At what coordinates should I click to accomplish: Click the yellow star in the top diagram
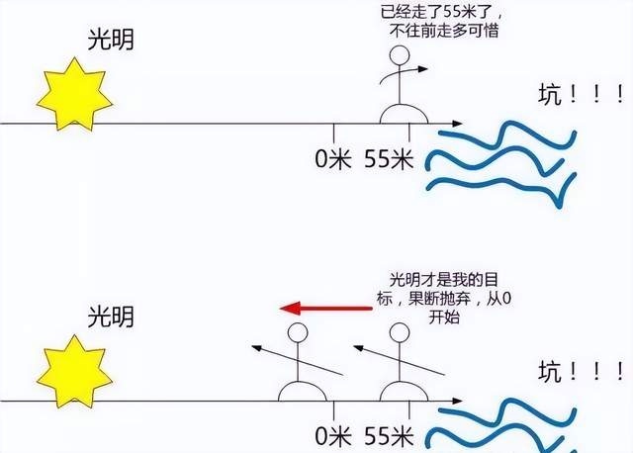tap(74, 95)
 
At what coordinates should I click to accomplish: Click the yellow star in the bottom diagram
tap(74, 372)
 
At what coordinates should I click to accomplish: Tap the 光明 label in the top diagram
tap(111, 40)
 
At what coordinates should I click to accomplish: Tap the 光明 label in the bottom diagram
tap(111, 317)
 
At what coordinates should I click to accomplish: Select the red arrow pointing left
tap(325, 309)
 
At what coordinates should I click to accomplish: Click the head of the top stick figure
tap(400, 55)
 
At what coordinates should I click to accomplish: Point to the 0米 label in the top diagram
tap(333, 158)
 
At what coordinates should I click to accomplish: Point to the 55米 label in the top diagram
tap(389, 158)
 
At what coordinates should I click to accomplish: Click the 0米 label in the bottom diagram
tap(333, 436)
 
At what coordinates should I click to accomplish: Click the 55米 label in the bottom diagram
tap(389, 436)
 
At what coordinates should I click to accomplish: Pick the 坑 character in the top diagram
tap(550, 95)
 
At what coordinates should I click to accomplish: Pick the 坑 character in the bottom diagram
tap(550, 372)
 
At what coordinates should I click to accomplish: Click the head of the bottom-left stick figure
tap(298, 332)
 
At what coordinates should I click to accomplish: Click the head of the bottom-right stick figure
tap(400, 332)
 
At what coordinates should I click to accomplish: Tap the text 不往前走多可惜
tap(444, 31)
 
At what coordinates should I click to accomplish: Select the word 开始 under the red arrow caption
tap(444, 317)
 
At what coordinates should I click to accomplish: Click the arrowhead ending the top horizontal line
tap(457, 124)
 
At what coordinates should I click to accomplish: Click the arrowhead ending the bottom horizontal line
tap(457, 401)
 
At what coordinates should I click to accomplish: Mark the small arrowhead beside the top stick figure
tap(422, 69)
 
